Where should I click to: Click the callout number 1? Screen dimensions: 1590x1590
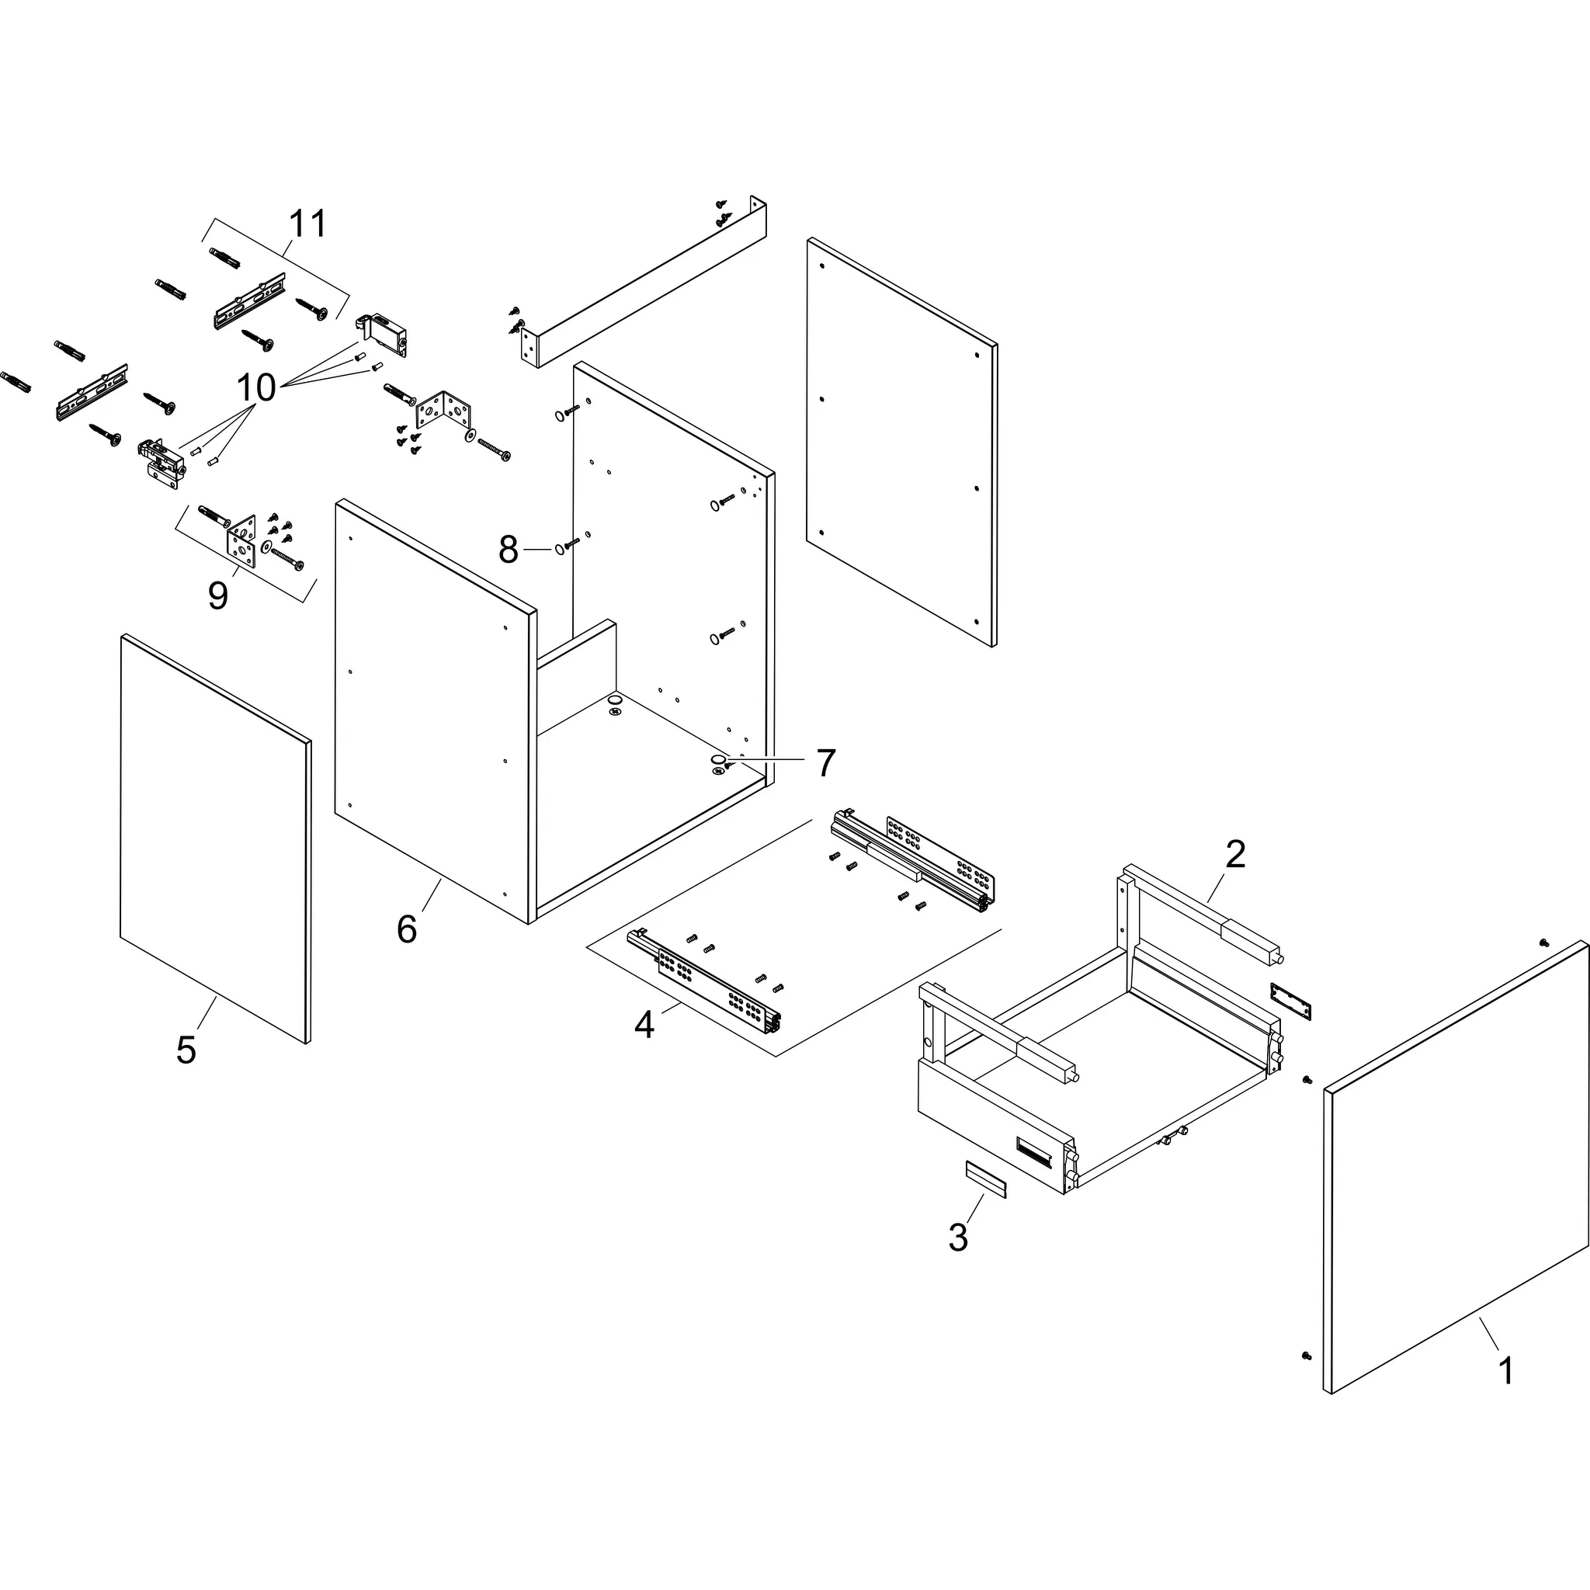pos(1505,1371)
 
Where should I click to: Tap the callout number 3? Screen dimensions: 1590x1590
pos(958,1238)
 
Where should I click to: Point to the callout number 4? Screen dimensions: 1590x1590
pos(644,1026)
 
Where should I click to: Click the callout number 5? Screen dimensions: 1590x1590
pos(186,1051)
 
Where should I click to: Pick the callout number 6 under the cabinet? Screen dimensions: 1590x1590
pos(407,930)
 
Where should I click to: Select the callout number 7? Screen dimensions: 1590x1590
pos(825,763)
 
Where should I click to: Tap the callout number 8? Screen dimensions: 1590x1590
pos(509,550)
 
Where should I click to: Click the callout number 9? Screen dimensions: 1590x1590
pos(217,595)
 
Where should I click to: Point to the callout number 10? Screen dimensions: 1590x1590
pos(256,387)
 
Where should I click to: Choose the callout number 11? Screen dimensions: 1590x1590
pos(307,224)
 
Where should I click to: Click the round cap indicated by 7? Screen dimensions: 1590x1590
pos(718,758)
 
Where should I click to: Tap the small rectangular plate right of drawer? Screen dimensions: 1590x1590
pos(1290,1000)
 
